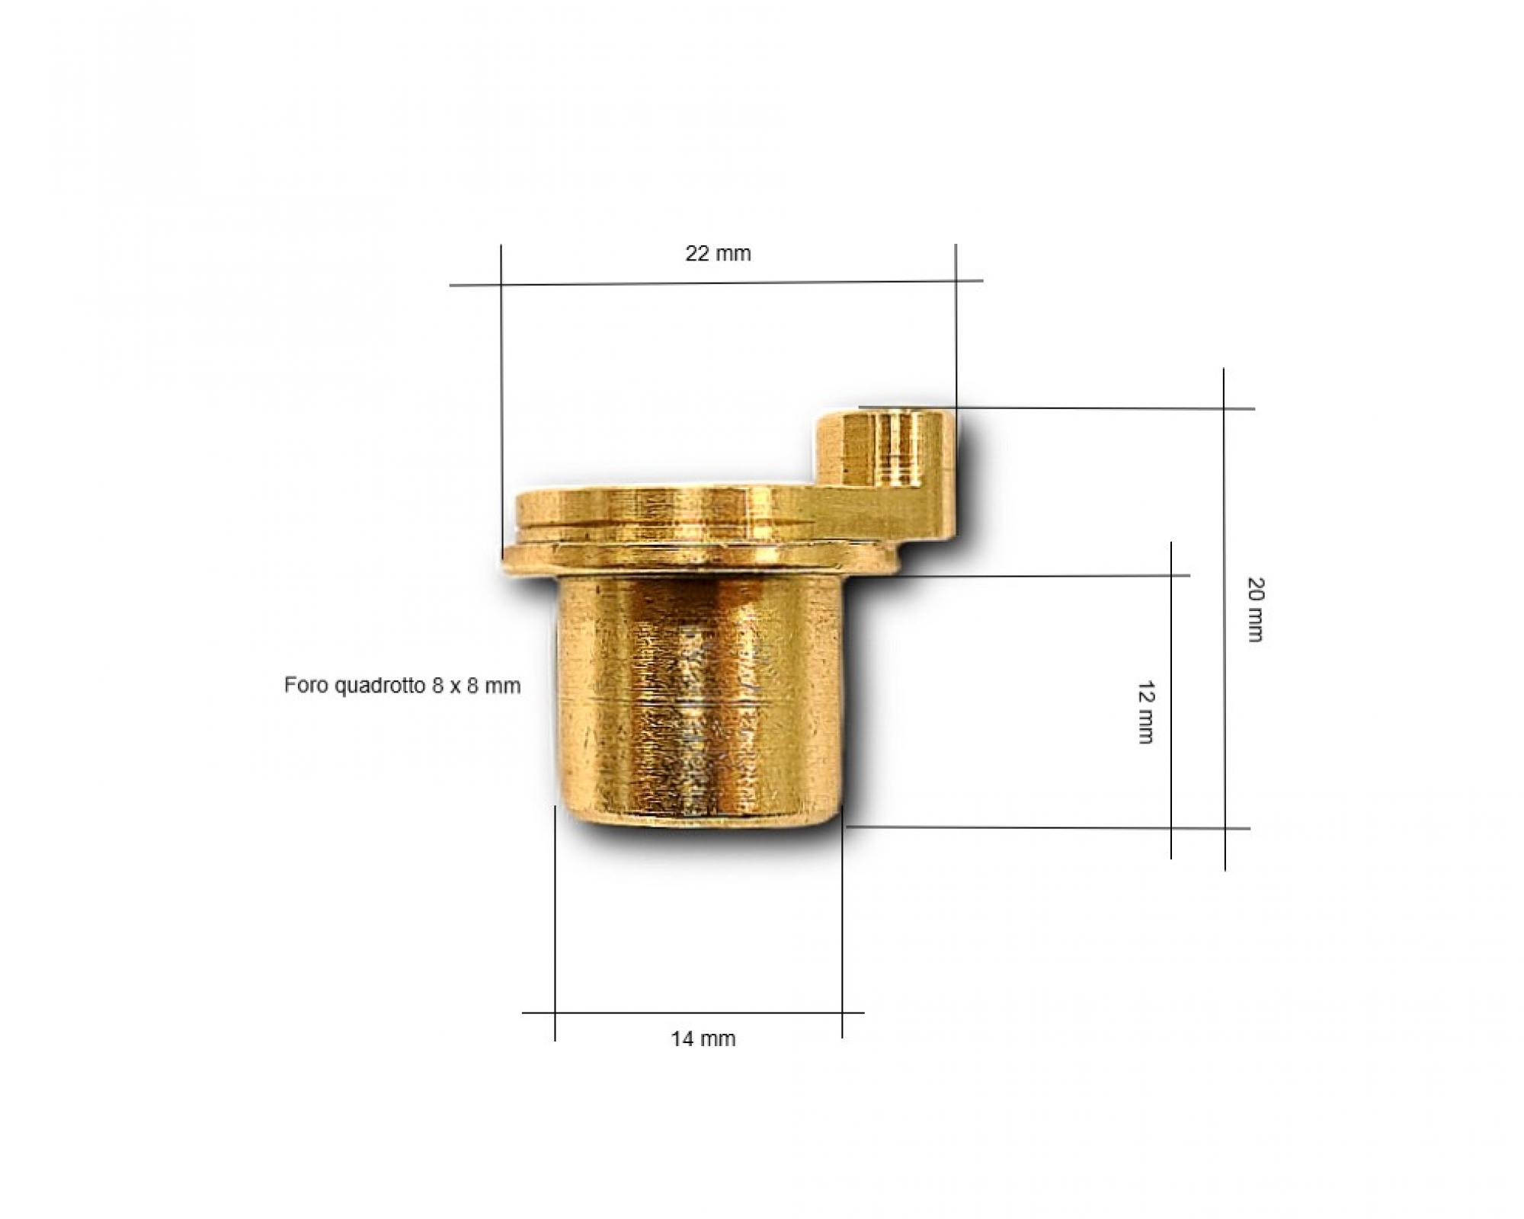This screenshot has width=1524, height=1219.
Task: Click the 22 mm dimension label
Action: tap(718, 253)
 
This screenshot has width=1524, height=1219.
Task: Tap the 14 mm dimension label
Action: tap(703, 1038)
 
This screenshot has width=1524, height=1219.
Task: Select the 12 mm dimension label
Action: tap(1145, 712)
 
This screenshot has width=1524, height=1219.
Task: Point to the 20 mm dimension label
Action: tap(1255, 609)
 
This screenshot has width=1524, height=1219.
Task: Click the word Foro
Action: tap(306, 685)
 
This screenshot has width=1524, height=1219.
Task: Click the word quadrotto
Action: tap(380, 686)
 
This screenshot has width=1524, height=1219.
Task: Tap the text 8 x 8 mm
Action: tap(476, 686)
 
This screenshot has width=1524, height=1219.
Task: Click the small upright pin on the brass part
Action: tap(886, 450)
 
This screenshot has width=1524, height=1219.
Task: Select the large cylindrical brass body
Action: tap(700, 701)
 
